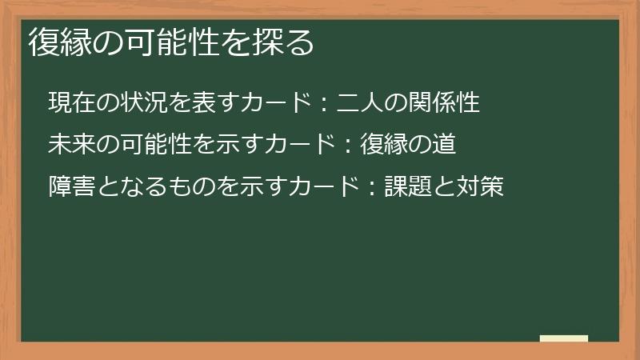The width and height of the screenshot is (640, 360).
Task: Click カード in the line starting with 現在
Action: (x=278, y=103)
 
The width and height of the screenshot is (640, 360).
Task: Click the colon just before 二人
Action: (x=326, y=104)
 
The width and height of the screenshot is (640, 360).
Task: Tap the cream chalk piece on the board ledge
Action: (x=564, y=338)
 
